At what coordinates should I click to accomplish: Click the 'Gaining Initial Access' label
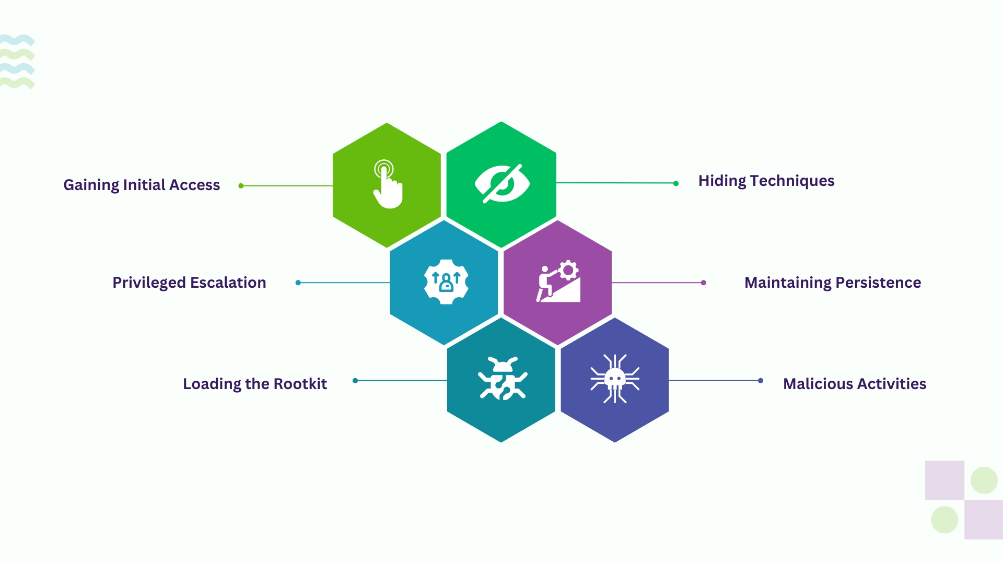coord(142,185)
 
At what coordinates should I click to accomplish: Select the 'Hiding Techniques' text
coord(766,181)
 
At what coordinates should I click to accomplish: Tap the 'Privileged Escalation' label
coord(189,283)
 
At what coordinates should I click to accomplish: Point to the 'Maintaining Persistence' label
coord(833,283)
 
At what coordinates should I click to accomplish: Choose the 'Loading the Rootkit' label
coord(255,384)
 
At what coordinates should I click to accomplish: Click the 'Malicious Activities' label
coord(855,384)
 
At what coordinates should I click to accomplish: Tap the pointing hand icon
coord(388,184)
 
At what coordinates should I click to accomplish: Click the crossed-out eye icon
coord(502,184)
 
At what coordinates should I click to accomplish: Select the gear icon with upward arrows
coord(446,282)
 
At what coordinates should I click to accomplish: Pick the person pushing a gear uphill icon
coord(558,281)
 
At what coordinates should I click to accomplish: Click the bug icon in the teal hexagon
coord(503,379)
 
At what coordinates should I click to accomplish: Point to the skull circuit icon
coord(615,379)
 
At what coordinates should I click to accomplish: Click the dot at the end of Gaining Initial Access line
coord(241,186)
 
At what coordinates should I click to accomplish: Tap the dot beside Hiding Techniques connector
coord(676,183)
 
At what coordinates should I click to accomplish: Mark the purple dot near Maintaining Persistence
coord(704,283)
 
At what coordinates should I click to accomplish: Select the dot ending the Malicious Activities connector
coord(761,381)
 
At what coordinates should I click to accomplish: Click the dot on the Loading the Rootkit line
coord(355,381)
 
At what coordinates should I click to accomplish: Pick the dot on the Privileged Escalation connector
coord(298,283)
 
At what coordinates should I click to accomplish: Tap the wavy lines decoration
coord(17,62)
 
